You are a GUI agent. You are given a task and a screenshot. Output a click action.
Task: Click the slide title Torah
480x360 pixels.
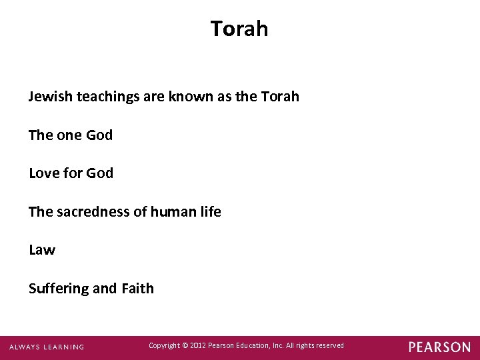[239, 29]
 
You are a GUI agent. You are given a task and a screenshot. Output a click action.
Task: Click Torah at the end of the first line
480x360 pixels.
[280, 97]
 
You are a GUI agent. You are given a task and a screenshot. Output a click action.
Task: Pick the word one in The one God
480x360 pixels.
[69, 135]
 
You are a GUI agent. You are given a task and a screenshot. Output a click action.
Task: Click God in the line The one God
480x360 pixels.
[99, 135]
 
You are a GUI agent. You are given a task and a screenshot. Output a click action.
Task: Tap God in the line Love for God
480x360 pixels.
[100, 173]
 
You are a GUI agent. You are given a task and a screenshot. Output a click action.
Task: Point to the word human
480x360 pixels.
[169, 212]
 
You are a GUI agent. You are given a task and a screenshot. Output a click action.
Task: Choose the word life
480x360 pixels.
[209, 212]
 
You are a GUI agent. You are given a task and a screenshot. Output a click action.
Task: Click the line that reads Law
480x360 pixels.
[42, 251]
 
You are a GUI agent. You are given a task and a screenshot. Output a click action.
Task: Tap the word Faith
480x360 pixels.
[138, 289]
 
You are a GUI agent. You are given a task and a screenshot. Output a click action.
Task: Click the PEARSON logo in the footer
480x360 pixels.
[439, 347]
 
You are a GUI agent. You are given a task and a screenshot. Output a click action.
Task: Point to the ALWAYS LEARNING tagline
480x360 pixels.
[47, 347]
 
